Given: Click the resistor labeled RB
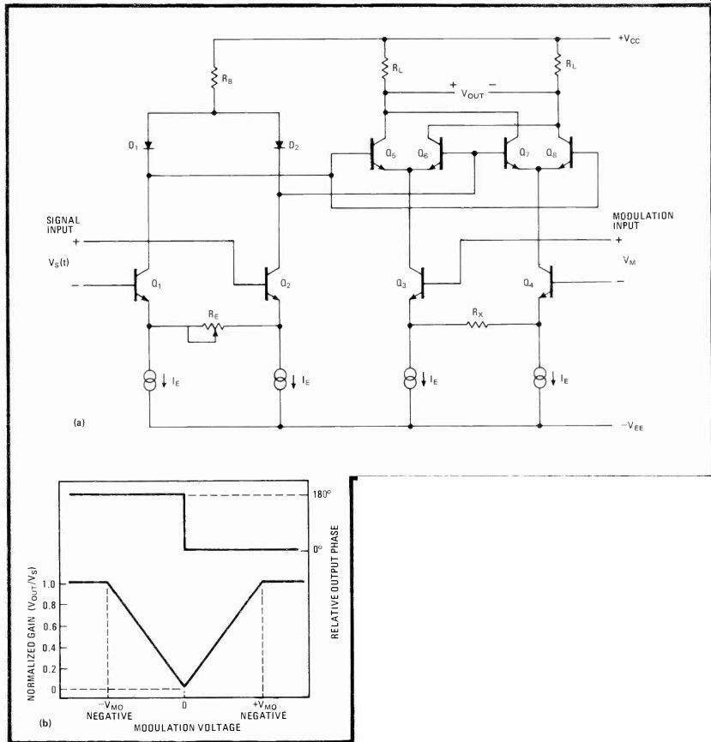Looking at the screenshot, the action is pos(214,78).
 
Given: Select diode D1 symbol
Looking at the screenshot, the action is pos(148,145).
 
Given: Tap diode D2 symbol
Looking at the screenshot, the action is pos(280,144).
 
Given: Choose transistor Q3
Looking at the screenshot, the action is pos(417,283).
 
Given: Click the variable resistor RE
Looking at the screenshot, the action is pos(214,327).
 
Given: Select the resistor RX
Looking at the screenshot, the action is pos(477,325).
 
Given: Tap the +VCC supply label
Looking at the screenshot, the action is pos(629,39).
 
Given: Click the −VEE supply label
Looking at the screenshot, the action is pos(632,426).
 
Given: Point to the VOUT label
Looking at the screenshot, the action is pos(473,93).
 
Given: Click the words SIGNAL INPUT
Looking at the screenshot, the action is pos(63,224).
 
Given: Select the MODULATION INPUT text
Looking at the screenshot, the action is pos(642,220).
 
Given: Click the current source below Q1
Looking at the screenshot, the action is pos(150,380).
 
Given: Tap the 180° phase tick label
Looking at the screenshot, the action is pos(322,494).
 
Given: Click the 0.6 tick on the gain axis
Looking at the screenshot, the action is pos(49,626).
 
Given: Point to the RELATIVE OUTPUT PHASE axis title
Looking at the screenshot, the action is pos(334,582).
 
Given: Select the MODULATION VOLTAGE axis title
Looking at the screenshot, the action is pos(187,727).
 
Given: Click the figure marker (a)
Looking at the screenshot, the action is pos(79,422).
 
